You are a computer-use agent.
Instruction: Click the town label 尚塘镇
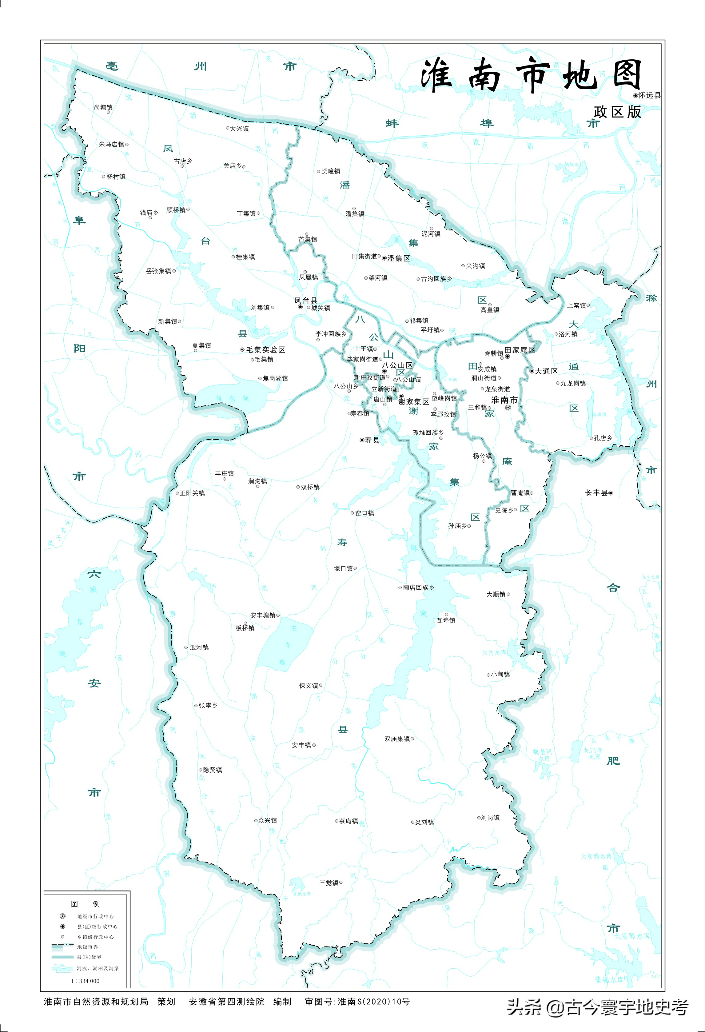[103, 107]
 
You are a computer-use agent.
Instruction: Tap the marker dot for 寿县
[362, 440]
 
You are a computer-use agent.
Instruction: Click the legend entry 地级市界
[87, 947]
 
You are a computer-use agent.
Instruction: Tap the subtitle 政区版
[617, 112]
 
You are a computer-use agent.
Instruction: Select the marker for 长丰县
[611, 493]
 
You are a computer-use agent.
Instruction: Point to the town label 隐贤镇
[212, 770]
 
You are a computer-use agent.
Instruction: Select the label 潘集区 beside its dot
[399, 258]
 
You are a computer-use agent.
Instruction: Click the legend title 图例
[85, 904]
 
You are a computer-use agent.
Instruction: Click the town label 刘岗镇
[490, 818]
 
